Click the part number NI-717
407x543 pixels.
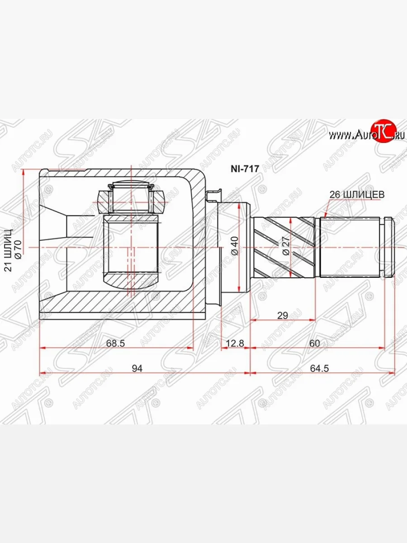[245, 169]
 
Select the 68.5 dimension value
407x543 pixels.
[115, 343]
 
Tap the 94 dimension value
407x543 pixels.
[137, 369]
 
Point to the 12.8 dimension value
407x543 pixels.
[235, 343]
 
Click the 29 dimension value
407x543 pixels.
[282, 315]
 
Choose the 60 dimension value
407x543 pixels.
[315, 343]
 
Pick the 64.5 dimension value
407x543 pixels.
[320, 369]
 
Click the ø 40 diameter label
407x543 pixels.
[234, 246]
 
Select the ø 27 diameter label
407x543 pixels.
[285, 247]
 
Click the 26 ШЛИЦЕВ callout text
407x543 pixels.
[356, 195]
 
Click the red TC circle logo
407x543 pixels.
[384, 132]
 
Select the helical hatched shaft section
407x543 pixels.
[284, 248]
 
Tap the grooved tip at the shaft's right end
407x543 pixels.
[389, 248]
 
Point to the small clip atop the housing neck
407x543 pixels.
[213, 195]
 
